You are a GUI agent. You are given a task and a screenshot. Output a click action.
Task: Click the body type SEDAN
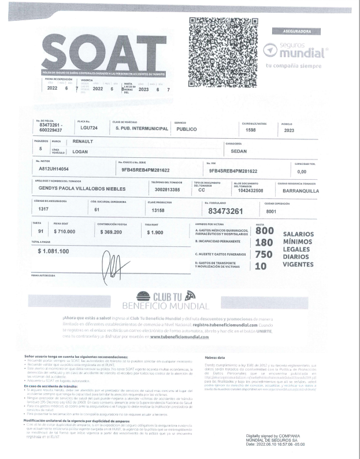[239, 151]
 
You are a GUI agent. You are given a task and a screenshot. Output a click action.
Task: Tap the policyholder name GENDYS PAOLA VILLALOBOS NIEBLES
[91, 188]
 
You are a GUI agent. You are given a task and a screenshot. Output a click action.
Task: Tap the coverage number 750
[263, 254]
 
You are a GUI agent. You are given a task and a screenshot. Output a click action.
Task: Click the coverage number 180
[263, 242]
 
